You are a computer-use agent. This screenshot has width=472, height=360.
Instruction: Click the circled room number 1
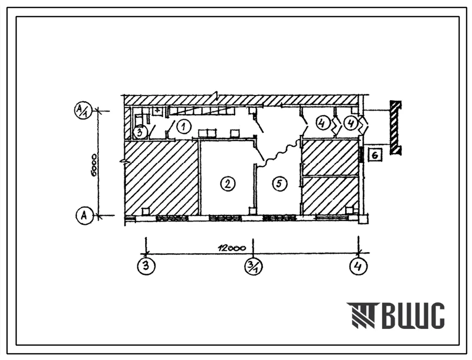point(184,126)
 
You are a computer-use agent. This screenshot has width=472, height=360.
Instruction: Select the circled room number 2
point(228,183)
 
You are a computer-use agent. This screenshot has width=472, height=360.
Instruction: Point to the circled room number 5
point(280,183)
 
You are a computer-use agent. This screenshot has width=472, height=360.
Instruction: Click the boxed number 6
point(375,155)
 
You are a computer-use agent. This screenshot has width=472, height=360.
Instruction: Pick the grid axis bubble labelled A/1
point(82,111)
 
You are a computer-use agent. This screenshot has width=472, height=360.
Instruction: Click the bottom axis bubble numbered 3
point(146,266)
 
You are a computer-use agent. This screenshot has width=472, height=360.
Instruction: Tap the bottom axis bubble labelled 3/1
point(254,266)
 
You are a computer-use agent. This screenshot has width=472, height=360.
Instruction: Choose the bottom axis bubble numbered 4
point(358,266)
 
